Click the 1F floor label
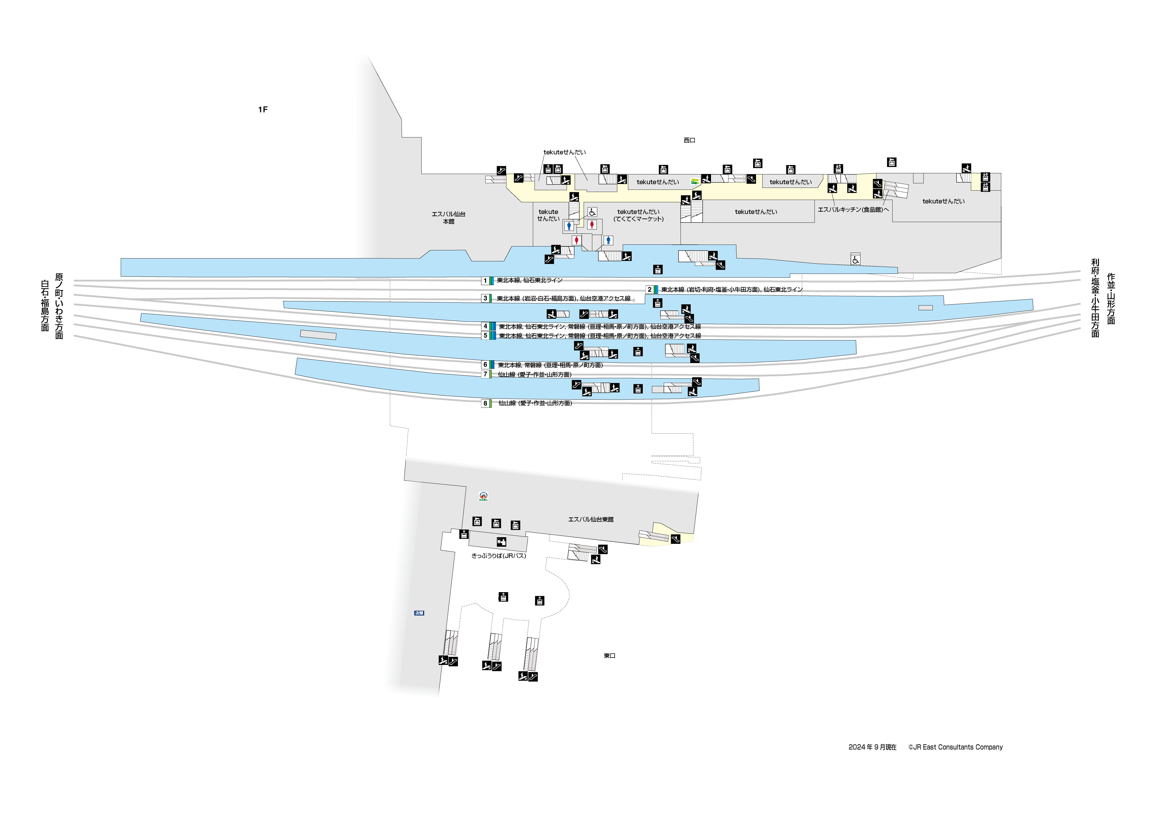[263, 110]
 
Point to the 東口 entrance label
[609, 656]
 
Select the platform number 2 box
[649, 289]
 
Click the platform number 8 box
[485, 403]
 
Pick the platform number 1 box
[485, 280]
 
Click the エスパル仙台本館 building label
[448, 218]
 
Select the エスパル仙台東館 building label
[591, 519]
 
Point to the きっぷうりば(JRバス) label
[499, 556]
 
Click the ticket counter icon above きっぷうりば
[501, 542]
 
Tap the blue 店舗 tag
[419, 613]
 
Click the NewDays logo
[695, 181]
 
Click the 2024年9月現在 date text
[872, 747]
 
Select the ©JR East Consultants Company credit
[955, 747]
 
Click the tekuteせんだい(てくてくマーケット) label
[638, 215]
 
